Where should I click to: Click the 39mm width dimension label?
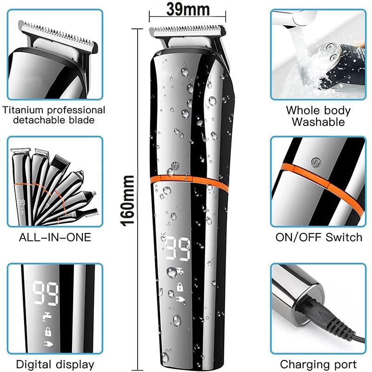click(188, 9)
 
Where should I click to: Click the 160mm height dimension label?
click(127, 201)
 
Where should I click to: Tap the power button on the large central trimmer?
click(175, 166)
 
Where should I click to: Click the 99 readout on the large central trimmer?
click(178, 249)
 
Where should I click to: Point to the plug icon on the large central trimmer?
click(181, 299)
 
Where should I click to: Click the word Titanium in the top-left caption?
click(22, 110)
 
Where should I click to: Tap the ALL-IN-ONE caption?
click(55, 237)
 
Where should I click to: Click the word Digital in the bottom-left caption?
click(33, 365)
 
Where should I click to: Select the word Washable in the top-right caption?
click(318, 122)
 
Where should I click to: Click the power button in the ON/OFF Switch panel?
click(315, 162)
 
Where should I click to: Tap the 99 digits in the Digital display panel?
click(46, 293)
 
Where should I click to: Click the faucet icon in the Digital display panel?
click(47, 317)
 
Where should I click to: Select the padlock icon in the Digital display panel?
click(48, 331)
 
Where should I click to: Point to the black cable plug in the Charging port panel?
click(318, 309)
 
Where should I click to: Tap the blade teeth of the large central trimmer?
click(187, 29)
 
